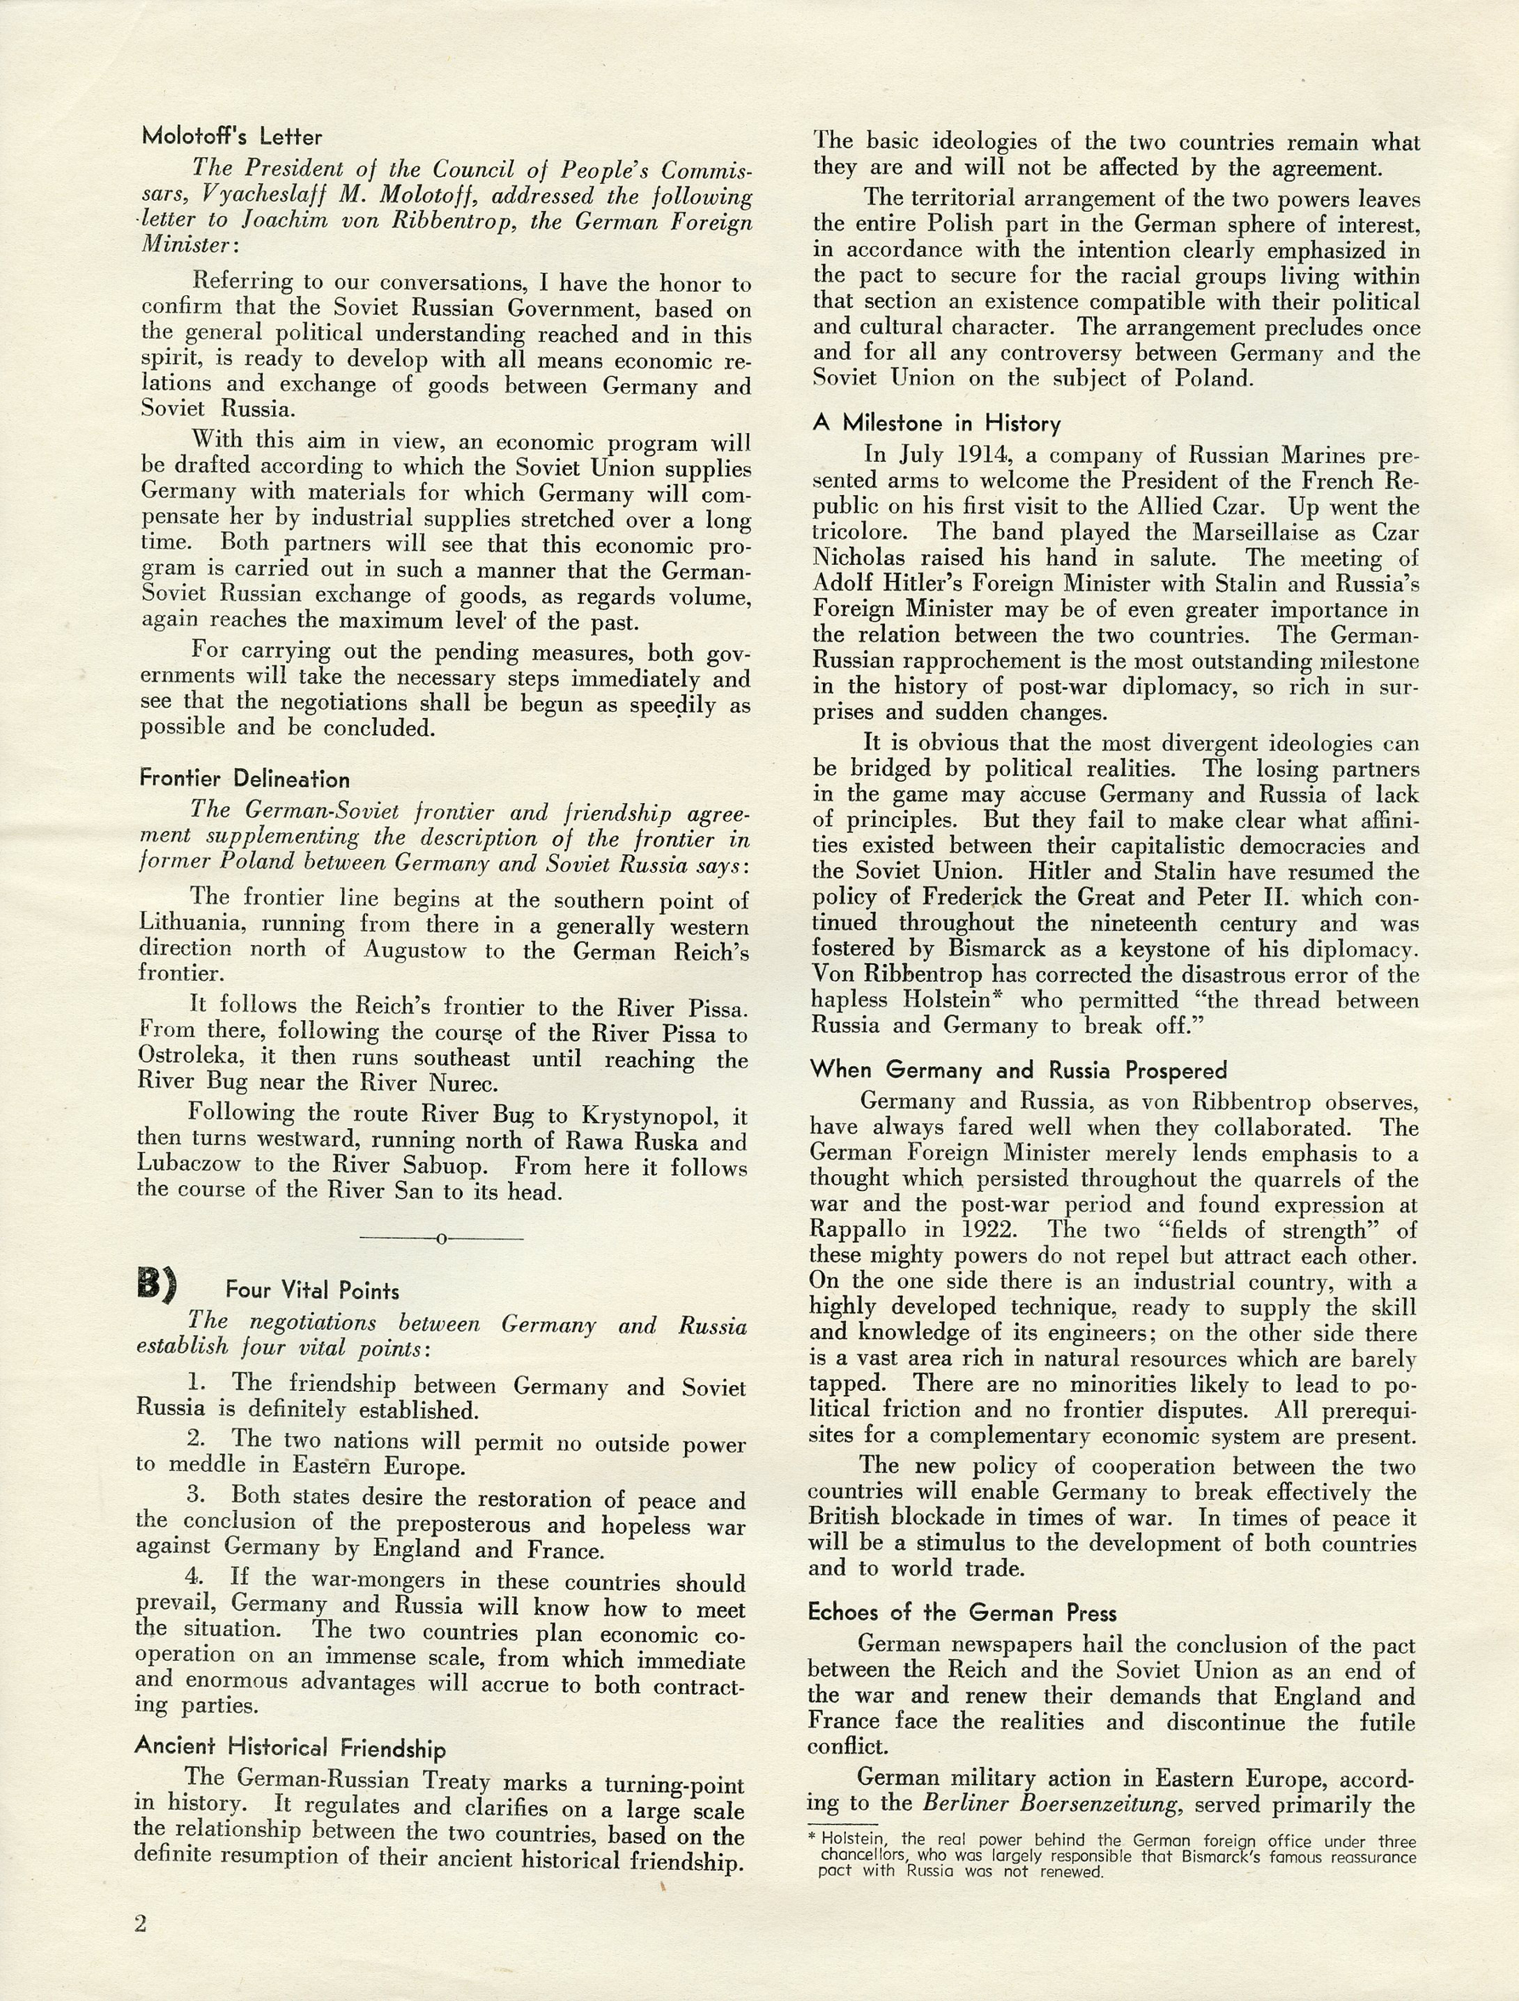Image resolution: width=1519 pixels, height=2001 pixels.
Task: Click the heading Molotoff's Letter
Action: tap(231, 137)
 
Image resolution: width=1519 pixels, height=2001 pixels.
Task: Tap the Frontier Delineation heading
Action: tap(244, 778)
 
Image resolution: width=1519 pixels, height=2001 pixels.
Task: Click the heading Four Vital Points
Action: tap(312, 1291)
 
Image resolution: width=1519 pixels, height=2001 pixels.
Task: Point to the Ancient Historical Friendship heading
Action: tap(289, 1747)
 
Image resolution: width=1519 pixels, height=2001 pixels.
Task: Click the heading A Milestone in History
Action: tap(935, 424)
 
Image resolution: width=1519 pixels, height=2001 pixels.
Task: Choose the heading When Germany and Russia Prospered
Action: tap(1018, 1070)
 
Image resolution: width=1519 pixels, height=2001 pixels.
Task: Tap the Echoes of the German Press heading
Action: tap(962, 1613)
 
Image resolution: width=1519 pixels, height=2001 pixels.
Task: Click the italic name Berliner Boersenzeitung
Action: tap(1052, 1804)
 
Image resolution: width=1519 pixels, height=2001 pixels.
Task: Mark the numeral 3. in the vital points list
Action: tap(197, 1496)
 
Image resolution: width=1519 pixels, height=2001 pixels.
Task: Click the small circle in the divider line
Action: tap(442, 1238)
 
